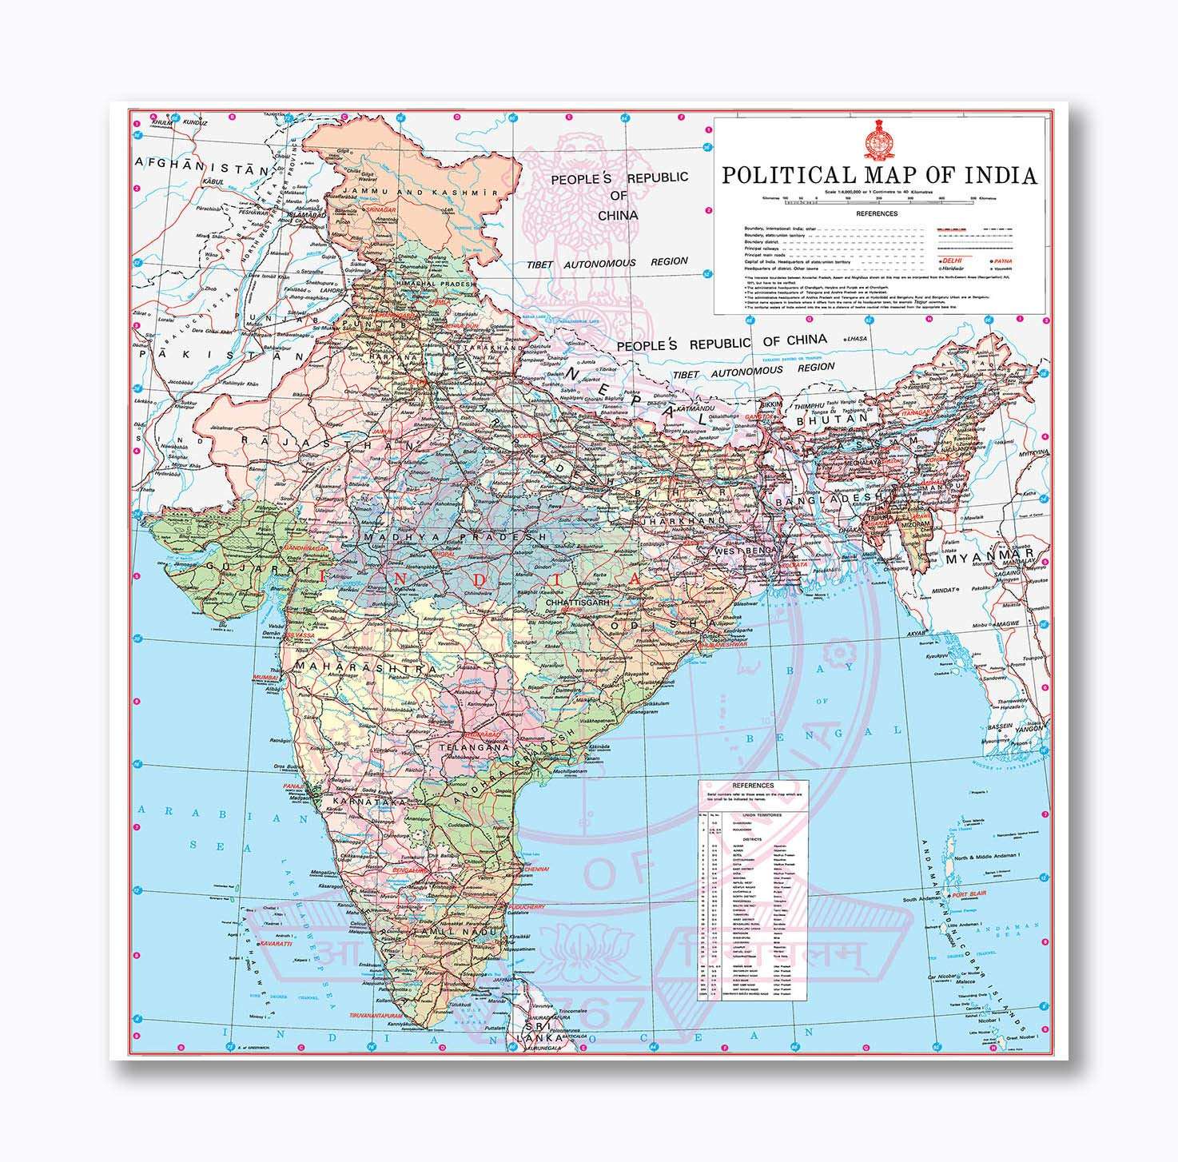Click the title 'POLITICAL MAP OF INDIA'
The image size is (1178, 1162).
(879, 175)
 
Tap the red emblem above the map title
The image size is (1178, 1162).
(878, 141)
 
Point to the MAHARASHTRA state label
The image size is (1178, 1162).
(366, 666)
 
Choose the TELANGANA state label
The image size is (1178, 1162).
(474, 747)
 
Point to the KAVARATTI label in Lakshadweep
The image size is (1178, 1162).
(277, 944)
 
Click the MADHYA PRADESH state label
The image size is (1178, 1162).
(453, 538)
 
